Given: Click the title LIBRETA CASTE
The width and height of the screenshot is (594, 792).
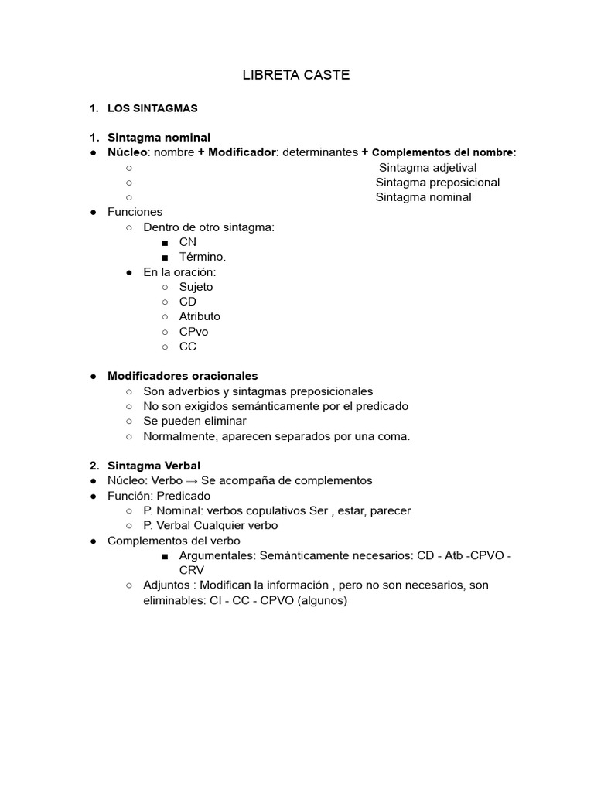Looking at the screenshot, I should [296, 75].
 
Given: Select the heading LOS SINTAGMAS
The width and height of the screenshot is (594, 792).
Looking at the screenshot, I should [152, 108].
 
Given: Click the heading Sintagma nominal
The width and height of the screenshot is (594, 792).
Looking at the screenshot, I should [159, 138].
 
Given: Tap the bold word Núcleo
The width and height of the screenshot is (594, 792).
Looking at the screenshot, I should [127, 152].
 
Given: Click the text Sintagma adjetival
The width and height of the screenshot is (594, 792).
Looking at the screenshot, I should [428, 168].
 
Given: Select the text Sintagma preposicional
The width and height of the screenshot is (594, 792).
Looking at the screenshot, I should [438, 183].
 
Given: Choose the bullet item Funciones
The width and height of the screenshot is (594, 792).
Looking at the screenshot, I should [135, 212].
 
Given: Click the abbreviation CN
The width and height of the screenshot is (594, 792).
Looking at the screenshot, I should [188, 242].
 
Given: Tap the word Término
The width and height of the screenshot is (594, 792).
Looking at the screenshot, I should [203, 257].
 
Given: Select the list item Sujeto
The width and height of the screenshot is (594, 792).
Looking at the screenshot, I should [196, 287].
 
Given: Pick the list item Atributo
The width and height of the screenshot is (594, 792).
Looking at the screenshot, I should [200, 316].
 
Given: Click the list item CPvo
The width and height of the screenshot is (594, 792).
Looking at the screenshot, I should [193, 332].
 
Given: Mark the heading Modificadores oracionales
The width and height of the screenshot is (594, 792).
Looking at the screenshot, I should [183, 376].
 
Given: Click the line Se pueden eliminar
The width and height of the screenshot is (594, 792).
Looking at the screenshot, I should [195, 421].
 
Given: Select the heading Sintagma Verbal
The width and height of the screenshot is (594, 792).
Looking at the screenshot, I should [154, 466].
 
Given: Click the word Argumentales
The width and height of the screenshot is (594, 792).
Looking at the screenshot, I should [216, 555].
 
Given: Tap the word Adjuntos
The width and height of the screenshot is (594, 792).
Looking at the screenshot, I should [166, 585].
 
